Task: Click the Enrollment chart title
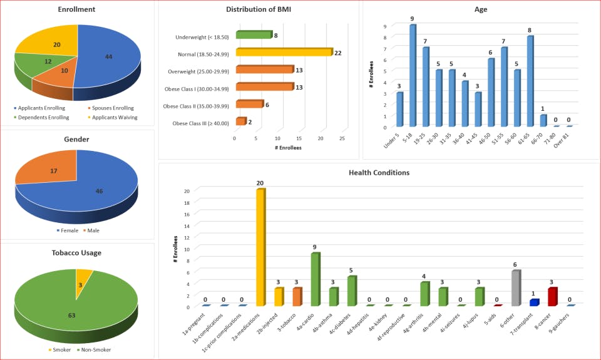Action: [x=76, y=9]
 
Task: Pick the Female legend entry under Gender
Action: [x=68, y=230]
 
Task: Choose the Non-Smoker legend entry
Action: [x=95, y=349]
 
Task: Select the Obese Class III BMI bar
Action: [x=240, y=121]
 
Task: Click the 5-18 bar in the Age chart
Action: [x=413, y=76]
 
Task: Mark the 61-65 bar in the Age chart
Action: [x=530, y=81]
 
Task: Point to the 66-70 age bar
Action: [x=543, y=120]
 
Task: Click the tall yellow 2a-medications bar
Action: [x=260, y=247]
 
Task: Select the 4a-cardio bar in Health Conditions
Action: [x=316, y=279]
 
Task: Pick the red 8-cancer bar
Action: [x=552, y=297]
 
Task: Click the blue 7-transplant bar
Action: [x=533, y=302]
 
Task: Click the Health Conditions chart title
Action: [x=380, y=173]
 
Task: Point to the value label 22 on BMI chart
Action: [x=338, y=53]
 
